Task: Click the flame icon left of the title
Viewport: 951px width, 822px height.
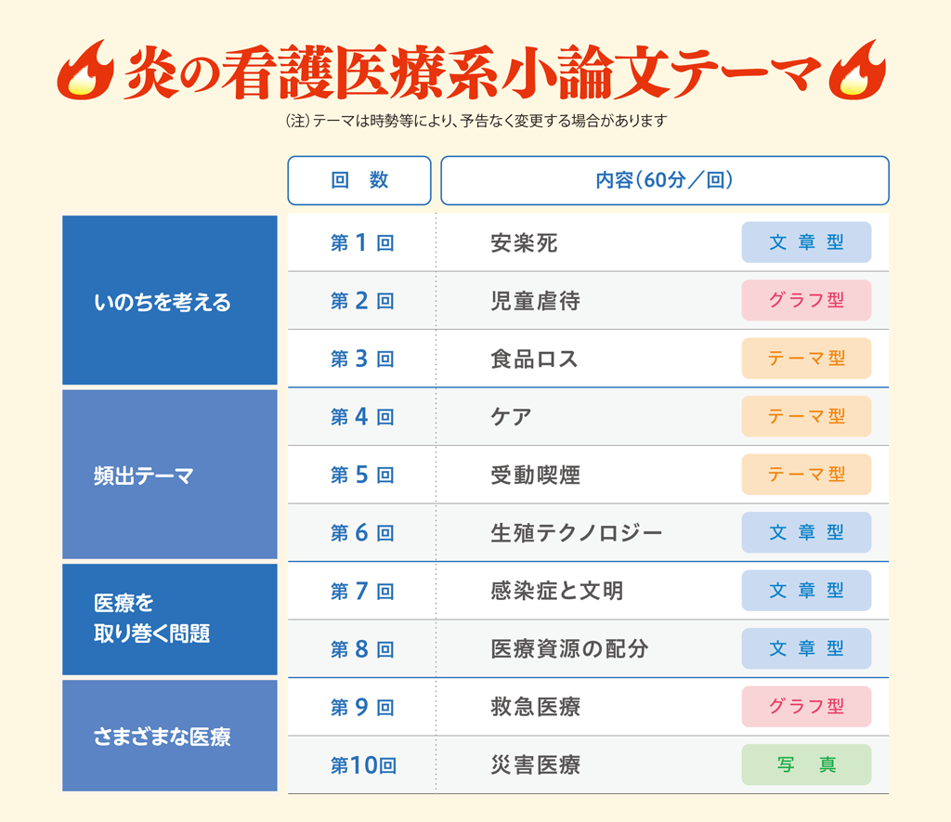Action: (x=85, y=71)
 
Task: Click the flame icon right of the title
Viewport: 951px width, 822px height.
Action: (x=857, y=71)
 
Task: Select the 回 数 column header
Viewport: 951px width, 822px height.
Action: (x=359, y=180)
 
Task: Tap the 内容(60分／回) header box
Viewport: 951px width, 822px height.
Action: (x=665, y=180)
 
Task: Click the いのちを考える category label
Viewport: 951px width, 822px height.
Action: (x=163, y=302)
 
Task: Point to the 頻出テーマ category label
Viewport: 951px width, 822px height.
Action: (x=144, y=476)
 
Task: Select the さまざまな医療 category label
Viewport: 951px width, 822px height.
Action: (x=162, y=737)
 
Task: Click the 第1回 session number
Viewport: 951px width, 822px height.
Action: (x=362, y=242)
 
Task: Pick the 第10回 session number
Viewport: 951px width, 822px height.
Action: (x=363, y=765)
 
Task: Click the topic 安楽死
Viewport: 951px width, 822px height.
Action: (x=524, y=243)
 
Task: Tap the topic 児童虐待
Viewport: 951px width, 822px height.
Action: (x=536, y=301)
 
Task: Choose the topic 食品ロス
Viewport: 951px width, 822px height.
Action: (x=534, y=359)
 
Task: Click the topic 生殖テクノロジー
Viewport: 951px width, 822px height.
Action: (x=576, y=533)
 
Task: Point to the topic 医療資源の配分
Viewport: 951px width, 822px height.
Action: (x=569, y=649)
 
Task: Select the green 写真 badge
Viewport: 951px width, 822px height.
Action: (x=807, y=764)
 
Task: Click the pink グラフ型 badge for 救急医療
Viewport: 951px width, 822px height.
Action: (x=807, y=707)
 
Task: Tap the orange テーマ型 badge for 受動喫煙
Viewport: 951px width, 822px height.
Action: (x=807, y=475)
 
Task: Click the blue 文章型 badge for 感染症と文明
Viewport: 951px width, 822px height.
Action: (x=807, y=591)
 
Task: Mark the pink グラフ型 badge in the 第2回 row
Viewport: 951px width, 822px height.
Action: (x=807, y=300)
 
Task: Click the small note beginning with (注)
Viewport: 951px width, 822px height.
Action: (x=476, y=121)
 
